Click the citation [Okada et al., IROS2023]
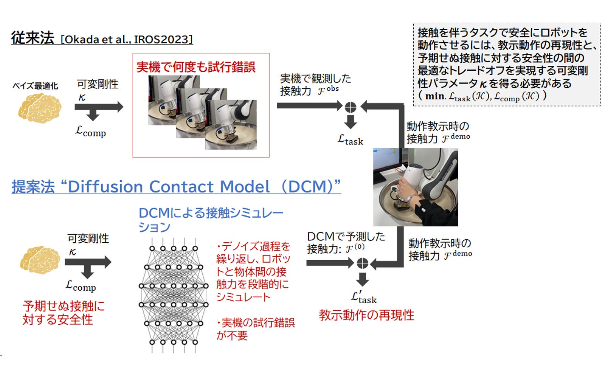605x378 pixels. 127,39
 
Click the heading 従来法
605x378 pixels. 33,38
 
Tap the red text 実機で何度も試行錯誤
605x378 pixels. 196,67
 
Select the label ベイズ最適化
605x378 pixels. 35,86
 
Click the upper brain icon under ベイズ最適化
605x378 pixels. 40,108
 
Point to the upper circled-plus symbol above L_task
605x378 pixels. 351,107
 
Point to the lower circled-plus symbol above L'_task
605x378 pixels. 362,263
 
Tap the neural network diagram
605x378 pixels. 174,295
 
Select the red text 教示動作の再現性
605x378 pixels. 366,315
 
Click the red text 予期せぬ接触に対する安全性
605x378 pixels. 63,313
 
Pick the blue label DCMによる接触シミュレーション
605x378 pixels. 211,220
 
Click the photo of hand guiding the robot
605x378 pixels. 415,187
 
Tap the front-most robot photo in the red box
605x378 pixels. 231,125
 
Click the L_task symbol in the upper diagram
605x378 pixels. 350,140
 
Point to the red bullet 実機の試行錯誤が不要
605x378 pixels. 256,329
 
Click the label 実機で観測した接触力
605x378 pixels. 315,85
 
